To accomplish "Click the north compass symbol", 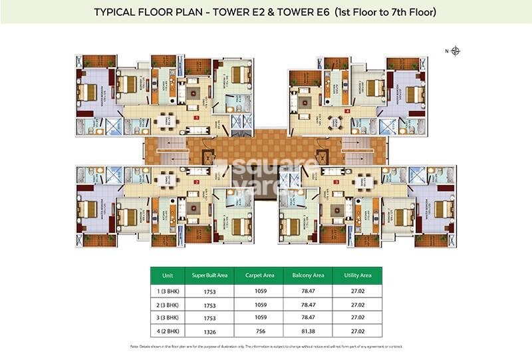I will tap(456, 51).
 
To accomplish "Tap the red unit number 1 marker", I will tap(197, 117).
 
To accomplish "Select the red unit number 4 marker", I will tap(348, 111).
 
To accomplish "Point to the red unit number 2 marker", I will tap(197, 182).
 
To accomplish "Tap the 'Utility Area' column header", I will tap(356, 275).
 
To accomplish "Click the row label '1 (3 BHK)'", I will tap(166, 291).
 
